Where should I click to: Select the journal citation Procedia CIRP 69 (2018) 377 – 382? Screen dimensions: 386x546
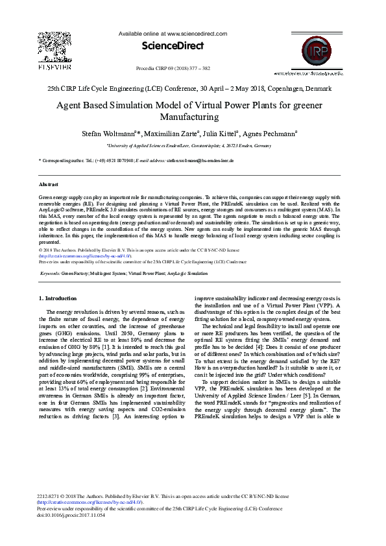173,68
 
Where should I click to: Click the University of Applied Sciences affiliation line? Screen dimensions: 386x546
189,147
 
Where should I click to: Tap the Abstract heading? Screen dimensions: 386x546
49,185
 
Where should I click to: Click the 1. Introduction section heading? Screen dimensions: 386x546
58,298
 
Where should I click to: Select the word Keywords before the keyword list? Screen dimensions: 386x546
50,274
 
